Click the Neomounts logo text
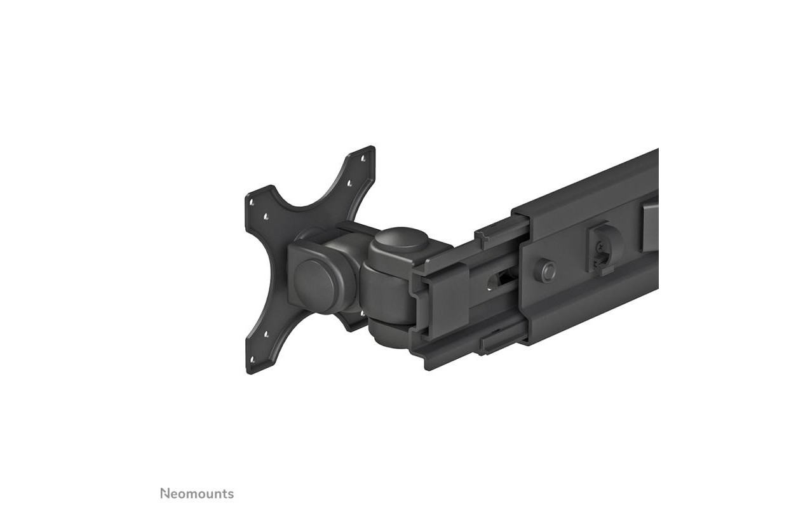coord(197,493)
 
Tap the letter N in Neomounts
coord(164,493)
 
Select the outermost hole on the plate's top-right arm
coord(364,158)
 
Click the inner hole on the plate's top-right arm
coord(349,184)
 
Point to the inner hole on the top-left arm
coord(266,217)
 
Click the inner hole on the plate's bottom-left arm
coord(267,334)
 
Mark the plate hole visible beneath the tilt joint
coord(363,312)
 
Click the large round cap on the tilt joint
coord(313,281)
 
